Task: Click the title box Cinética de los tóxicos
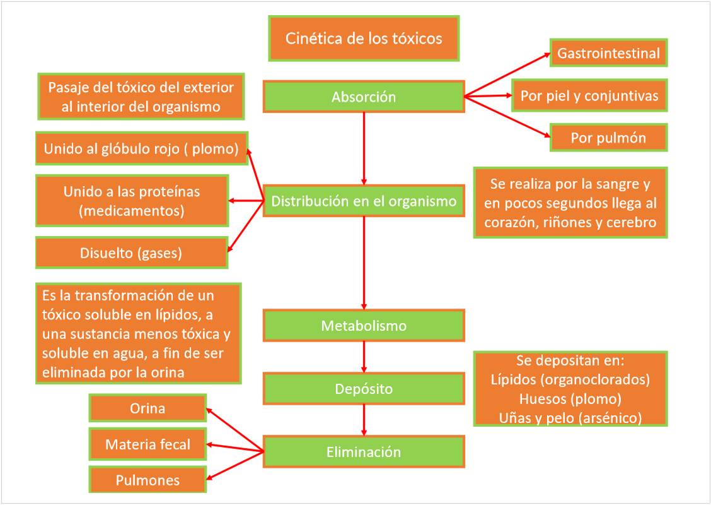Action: tap(364, 39)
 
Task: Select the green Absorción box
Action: tap(364, 97)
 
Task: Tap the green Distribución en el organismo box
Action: tap(364, 201)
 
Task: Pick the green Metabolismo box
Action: tap(364, 326)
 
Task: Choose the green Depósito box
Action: tap(364, 389)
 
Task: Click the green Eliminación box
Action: tap(364, 452)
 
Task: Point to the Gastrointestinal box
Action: tap(608, 53)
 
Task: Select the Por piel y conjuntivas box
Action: tap(589, 96)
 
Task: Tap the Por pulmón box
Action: tap(608, 138)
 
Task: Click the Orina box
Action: tap(147, 408)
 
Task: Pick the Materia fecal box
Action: tap(147, 444)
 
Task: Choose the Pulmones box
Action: tap(147, 480)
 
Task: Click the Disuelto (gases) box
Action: tap(131, 253)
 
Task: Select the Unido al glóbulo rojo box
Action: tap(141, 148)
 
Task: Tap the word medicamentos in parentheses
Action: tap(132, 210)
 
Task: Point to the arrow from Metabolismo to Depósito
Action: tap(364, 357)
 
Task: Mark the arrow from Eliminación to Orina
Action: tap(234, 430)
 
